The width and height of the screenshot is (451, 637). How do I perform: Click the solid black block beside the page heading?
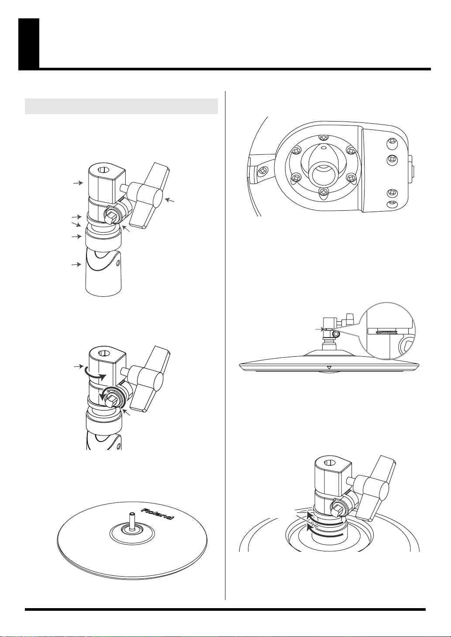click(x=29, y=44)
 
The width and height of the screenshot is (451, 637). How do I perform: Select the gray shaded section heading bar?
click(x=121, y=106)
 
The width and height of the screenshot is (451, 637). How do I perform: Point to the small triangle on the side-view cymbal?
click(x=329, y=367)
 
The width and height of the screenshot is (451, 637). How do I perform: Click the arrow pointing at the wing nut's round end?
click(x=170, y=201)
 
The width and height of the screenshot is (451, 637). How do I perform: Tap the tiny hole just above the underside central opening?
click(x=323, y=147)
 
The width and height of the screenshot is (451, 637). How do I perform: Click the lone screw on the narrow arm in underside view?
click(x=262, y=171)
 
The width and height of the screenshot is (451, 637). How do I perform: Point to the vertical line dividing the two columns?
click(x=225, y=345)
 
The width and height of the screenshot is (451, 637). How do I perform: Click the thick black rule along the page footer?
click(x=225, y=609)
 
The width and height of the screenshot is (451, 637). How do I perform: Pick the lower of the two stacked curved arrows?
click(x=326, y=533)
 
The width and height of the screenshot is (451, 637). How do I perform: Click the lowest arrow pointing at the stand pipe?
click(x=76, y=265)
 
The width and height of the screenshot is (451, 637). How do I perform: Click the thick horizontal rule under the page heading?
click(x=235, y=69)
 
